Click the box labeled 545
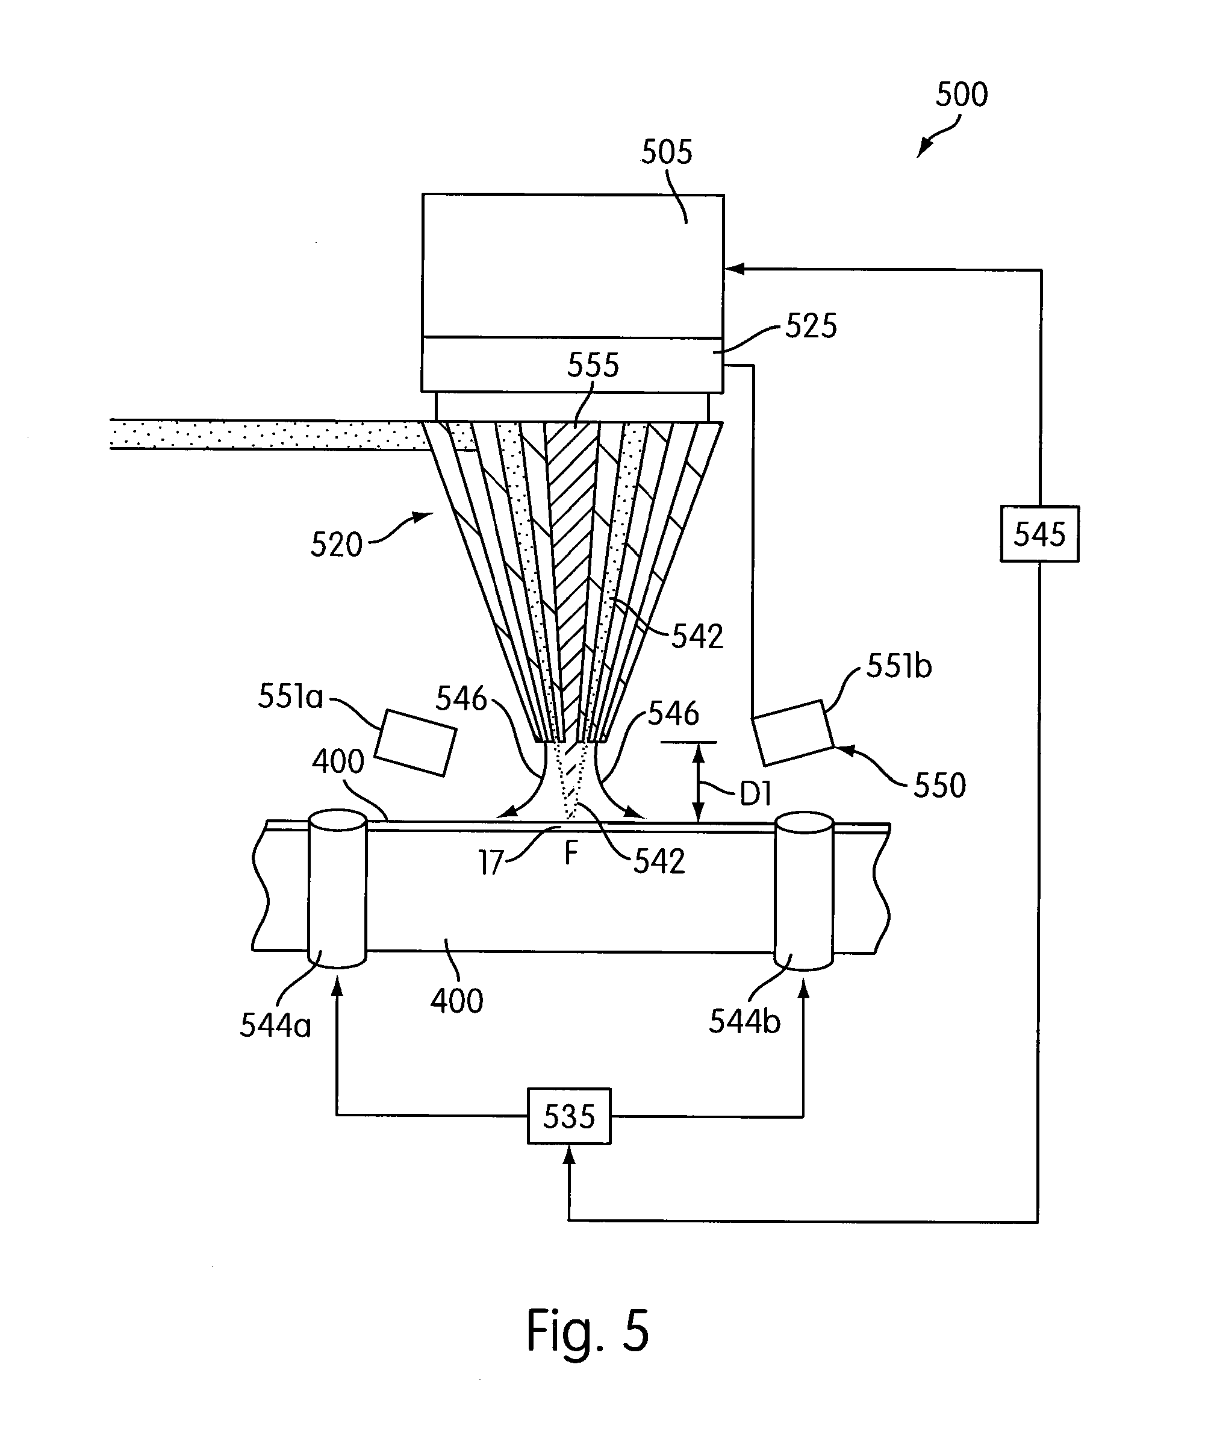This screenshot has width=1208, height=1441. (1039, 534)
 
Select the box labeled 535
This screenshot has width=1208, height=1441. (568, 1116)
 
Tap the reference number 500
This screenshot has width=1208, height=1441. (962, 95)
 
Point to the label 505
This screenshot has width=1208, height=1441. (666, 152)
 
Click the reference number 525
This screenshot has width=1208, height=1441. (811, 326)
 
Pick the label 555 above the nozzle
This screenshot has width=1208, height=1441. (593, 365)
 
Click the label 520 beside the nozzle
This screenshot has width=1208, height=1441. (336, 545)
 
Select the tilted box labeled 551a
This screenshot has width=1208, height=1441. (416, 742)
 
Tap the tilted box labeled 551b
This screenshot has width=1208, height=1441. (792, 732)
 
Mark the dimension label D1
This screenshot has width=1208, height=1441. (755, 795)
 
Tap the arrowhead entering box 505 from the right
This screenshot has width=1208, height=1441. (733, 269)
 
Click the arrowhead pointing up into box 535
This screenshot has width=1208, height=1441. (568, 1155)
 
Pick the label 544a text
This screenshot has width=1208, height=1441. (275, 1026)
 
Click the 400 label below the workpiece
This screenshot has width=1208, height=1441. (457, 1001)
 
